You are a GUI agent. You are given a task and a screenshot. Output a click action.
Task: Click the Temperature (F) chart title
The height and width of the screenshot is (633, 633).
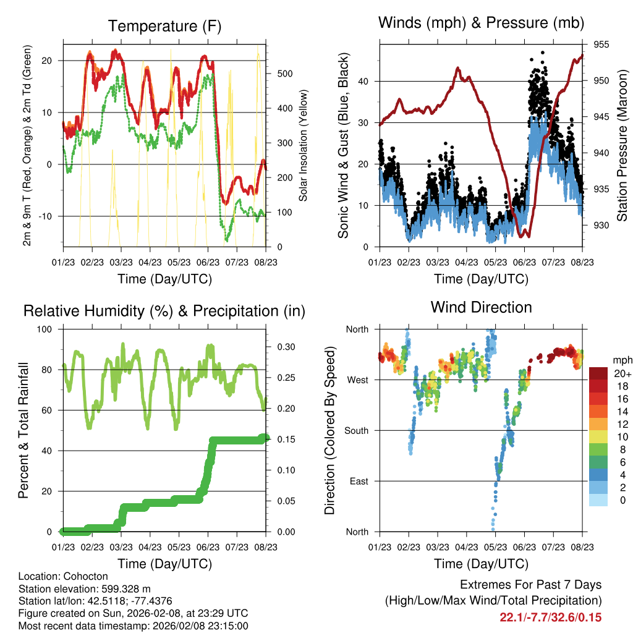(x=164, y=26)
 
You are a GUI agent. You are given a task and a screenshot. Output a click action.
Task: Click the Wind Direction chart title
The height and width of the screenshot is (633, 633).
(x=481, y=307)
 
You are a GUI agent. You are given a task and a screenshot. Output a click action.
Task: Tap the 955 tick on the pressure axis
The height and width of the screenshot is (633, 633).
(x=601, y=45)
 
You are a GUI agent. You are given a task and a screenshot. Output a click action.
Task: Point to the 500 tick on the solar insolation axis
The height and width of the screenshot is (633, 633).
(x=284, y=74)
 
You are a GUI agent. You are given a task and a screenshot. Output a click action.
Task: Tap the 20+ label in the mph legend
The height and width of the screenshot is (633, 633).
(x=621, y=373)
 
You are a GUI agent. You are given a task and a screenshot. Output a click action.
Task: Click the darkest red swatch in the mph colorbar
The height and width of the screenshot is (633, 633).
(x=598, y=373)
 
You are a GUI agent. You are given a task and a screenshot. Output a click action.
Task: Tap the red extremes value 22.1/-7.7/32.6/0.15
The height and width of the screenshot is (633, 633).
(x=550, y=617)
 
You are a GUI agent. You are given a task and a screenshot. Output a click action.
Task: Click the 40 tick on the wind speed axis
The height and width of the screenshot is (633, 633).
(x=363, y=81)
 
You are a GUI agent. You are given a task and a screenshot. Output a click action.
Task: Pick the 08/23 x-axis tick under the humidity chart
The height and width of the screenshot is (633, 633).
(x=266, y=547)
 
